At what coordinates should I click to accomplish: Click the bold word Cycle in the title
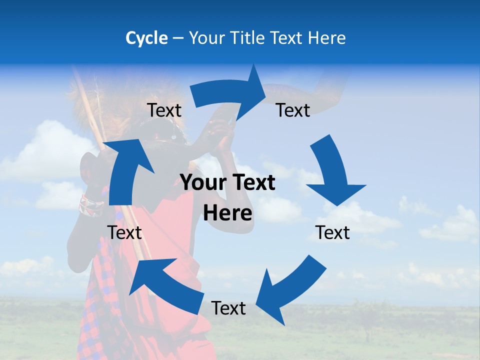(146, 38)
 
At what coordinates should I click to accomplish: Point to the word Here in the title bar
(327, 38)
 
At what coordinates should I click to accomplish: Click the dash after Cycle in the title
(178, 38)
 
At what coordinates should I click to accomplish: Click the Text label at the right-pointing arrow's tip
(293, 110)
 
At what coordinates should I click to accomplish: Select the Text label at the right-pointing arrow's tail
(164, 110)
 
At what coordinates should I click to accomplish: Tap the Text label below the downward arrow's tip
(332, 232)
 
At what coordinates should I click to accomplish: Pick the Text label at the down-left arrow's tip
(228, 308)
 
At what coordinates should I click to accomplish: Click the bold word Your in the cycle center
(201, 183)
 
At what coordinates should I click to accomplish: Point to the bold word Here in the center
(227, 213)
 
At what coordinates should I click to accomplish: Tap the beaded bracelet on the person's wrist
(91, 205)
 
